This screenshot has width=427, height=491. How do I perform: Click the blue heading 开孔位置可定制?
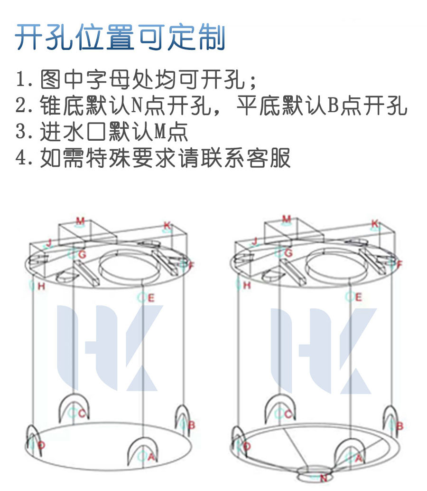[x=120, y=38]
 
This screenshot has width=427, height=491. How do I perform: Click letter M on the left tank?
[x=80, y=221]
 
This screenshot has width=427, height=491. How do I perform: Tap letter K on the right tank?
[x=375, y=223]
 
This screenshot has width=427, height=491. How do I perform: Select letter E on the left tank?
[x=151, y=298]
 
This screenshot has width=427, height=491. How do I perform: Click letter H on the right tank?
[x=247, y=286]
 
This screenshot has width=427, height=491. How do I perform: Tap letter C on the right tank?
[x=288, y=414]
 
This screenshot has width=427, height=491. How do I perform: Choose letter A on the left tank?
[x=151, y=457]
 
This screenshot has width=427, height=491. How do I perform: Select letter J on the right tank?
[x=254, y=241]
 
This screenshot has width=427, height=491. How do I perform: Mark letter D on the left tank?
[x=42, y=445]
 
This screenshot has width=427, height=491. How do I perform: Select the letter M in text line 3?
[x=160, y=132]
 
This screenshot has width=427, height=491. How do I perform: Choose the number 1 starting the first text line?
[x=20, y=80]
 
